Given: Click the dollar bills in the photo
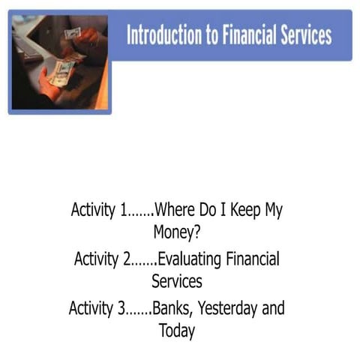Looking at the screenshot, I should coord(64,71).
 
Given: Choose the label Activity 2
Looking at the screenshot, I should coord(106,259).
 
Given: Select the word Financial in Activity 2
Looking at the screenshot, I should coord(252,259).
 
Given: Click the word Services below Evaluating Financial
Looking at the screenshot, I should coord(176,281).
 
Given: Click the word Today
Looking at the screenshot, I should coord(176,330).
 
